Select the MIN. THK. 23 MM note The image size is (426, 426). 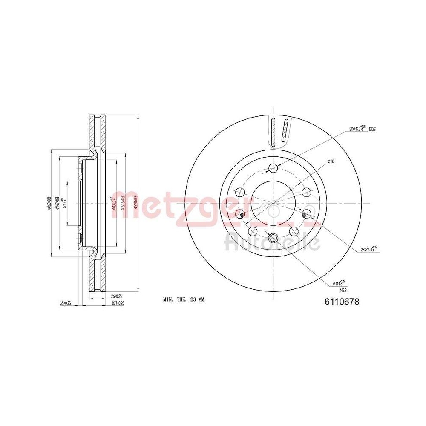point(184,300)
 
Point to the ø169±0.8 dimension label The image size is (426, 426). point(49,204)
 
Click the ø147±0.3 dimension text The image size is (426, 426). point(57,204)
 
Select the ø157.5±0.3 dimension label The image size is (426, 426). point(123,204)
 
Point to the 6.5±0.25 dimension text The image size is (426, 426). point(65,303)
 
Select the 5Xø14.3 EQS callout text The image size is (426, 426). point(362,128)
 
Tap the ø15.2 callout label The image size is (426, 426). point(338,287)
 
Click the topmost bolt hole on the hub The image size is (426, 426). point(273,168)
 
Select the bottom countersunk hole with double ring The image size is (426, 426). point(273,238)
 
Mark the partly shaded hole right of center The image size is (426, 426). point(306,213)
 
